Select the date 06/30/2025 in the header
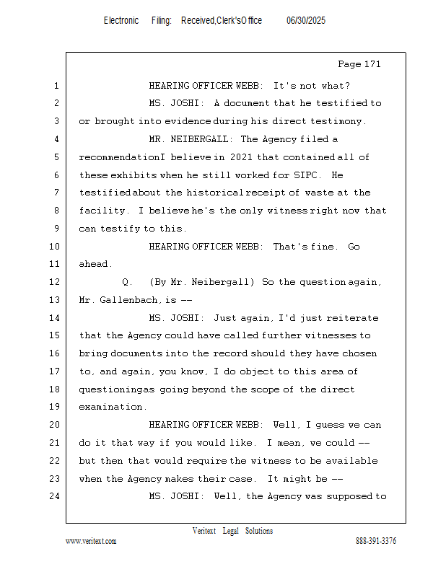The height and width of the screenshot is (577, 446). (x=306, y=21)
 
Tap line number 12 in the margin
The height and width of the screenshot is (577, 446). (x=56, y=282)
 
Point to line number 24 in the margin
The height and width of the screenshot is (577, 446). (x=56, y=496)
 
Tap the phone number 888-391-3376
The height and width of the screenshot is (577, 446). (x=376, y=541)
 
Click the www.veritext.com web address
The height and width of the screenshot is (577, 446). (x=91, y=541)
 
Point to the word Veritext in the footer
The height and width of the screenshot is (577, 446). (x=204, y=531)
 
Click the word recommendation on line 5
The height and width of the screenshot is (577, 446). (x=120, y=157)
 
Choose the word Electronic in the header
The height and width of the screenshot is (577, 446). (x=121, y=21)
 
